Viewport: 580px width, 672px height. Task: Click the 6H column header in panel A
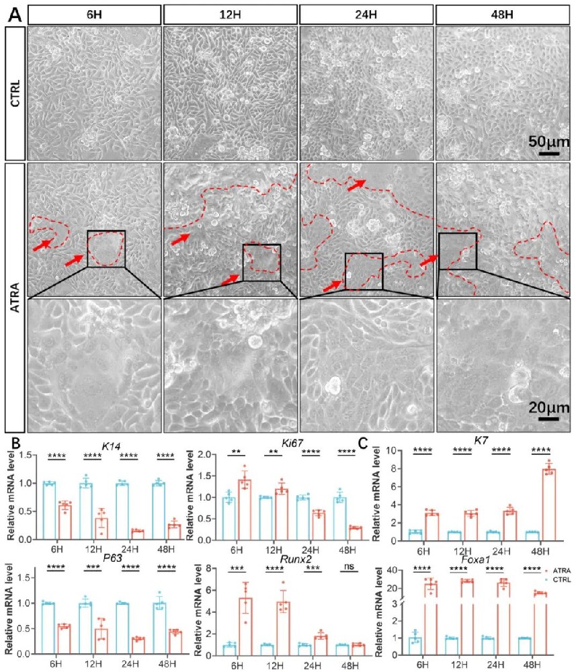pos(94,13)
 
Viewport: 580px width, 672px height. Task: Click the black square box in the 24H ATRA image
pos(363,271)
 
